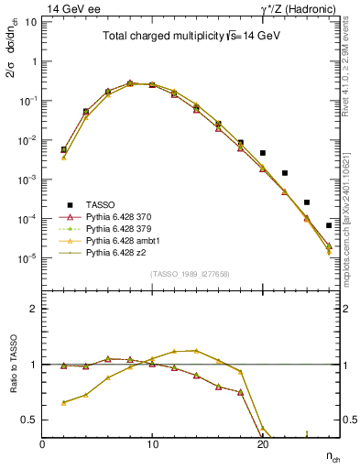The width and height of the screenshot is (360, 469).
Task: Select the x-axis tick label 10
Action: point(153,444)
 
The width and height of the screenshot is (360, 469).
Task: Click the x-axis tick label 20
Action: point(263,444)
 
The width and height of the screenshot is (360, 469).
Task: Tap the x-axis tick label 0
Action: point(43,444)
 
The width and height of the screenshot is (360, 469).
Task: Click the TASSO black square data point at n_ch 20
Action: point(263,153)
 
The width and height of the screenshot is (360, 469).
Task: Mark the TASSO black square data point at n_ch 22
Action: point(285,173)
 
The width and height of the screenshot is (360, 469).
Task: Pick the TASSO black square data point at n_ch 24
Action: point(307,202)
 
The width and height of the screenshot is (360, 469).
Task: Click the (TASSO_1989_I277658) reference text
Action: point(190,274)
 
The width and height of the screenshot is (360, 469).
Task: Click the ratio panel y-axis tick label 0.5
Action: point(32,420)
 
